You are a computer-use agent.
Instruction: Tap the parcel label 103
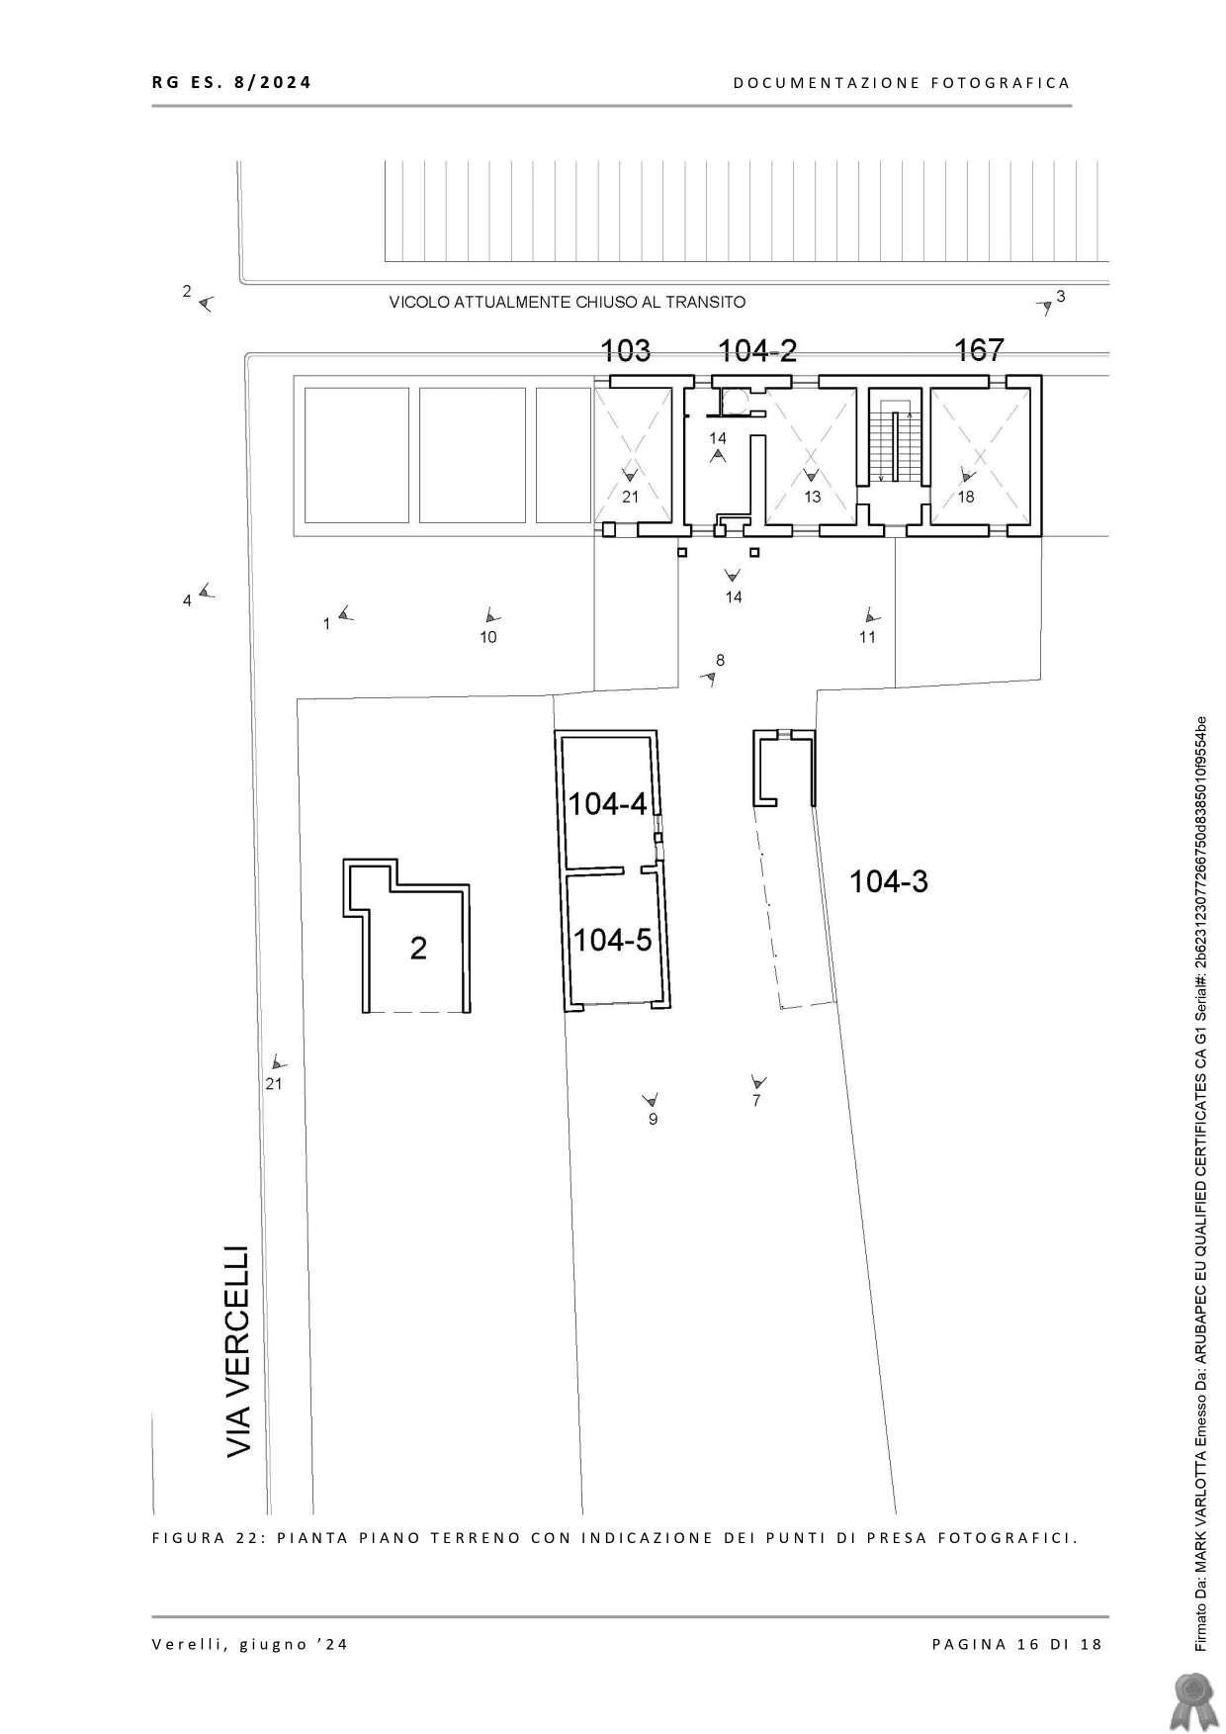626,350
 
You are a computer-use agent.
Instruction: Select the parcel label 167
979,350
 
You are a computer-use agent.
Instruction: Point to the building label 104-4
607,804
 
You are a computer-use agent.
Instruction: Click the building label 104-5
613,940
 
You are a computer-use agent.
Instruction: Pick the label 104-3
889,881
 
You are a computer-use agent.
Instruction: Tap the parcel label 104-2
757,350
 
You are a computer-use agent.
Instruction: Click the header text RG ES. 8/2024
231,82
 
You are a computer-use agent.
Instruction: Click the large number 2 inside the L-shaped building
418,949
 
